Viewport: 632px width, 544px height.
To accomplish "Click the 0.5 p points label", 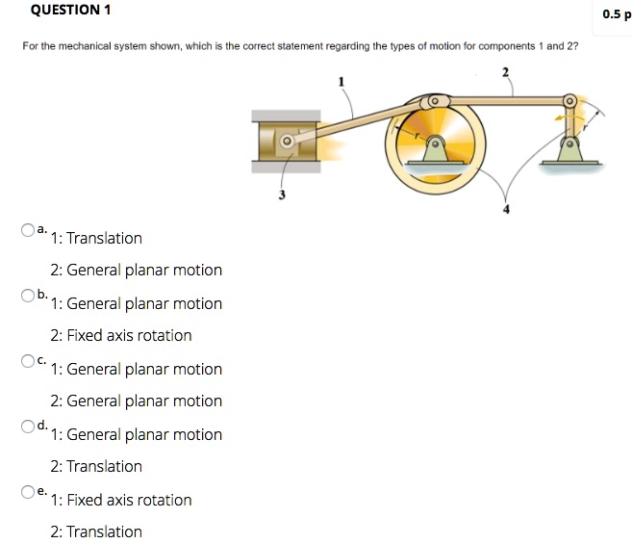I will click(613, 14).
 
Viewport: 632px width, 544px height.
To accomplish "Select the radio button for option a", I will click(29, 230).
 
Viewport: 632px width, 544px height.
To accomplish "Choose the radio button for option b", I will click(29, 295).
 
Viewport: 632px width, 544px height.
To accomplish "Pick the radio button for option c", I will click(29, 361).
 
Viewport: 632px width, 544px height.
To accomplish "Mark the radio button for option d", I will click(29, 426).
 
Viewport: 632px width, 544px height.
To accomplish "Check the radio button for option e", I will click(29, 492).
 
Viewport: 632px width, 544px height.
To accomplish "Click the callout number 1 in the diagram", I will click(341, 82).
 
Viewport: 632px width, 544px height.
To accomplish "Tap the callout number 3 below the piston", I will click(281, 195).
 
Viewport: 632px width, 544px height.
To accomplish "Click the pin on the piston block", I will click(286, 141).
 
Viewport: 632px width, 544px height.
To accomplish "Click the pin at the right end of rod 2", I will click(569, 100).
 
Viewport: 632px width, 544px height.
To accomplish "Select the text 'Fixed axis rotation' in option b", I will click(121, 335).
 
